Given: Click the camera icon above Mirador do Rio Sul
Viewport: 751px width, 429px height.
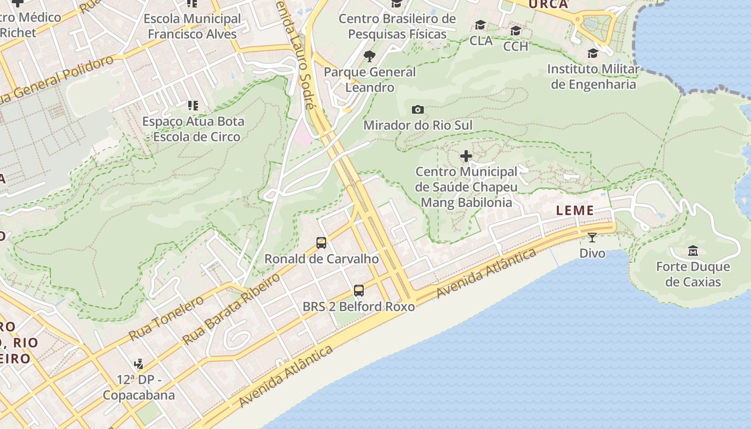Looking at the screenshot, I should point(418,110).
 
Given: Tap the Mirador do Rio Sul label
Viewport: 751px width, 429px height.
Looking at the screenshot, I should point(418,125).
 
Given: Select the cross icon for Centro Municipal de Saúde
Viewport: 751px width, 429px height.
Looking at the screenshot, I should point(466,156).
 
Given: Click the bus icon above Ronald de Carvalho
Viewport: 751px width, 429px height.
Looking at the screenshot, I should point(321,243).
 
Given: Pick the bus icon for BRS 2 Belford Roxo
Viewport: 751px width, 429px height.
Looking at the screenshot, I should point(359,291).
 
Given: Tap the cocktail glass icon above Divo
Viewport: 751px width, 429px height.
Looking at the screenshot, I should point(592,238).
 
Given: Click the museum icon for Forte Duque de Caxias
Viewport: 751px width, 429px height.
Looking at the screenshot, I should point(693,250).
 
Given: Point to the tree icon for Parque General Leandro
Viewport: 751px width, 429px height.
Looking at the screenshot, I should point(369,56).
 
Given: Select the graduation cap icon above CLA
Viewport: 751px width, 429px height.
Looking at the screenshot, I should point(480,25).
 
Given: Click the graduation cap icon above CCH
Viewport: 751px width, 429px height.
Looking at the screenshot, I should point(516,31).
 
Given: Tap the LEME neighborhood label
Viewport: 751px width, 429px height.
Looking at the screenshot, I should point(575,210).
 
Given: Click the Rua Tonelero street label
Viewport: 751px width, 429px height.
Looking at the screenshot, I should point(166,318).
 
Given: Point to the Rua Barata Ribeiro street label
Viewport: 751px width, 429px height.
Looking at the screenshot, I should point(231,308).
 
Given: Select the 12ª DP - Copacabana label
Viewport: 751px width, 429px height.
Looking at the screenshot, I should point(139,388).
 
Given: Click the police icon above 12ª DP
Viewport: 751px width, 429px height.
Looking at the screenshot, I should point(139,364).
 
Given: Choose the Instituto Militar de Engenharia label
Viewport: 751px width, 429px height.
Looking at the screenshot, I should point(593,77).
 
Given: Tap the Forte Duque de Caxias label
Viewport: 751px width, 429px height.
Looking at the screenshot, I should point(693,274).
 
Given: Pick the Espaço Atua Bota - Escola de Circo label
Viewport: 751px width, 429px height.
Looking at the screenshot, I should point(193,129).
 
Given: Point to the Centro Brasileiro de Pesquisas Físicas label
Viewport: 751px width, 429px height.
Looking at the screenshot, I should point(397,26).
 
